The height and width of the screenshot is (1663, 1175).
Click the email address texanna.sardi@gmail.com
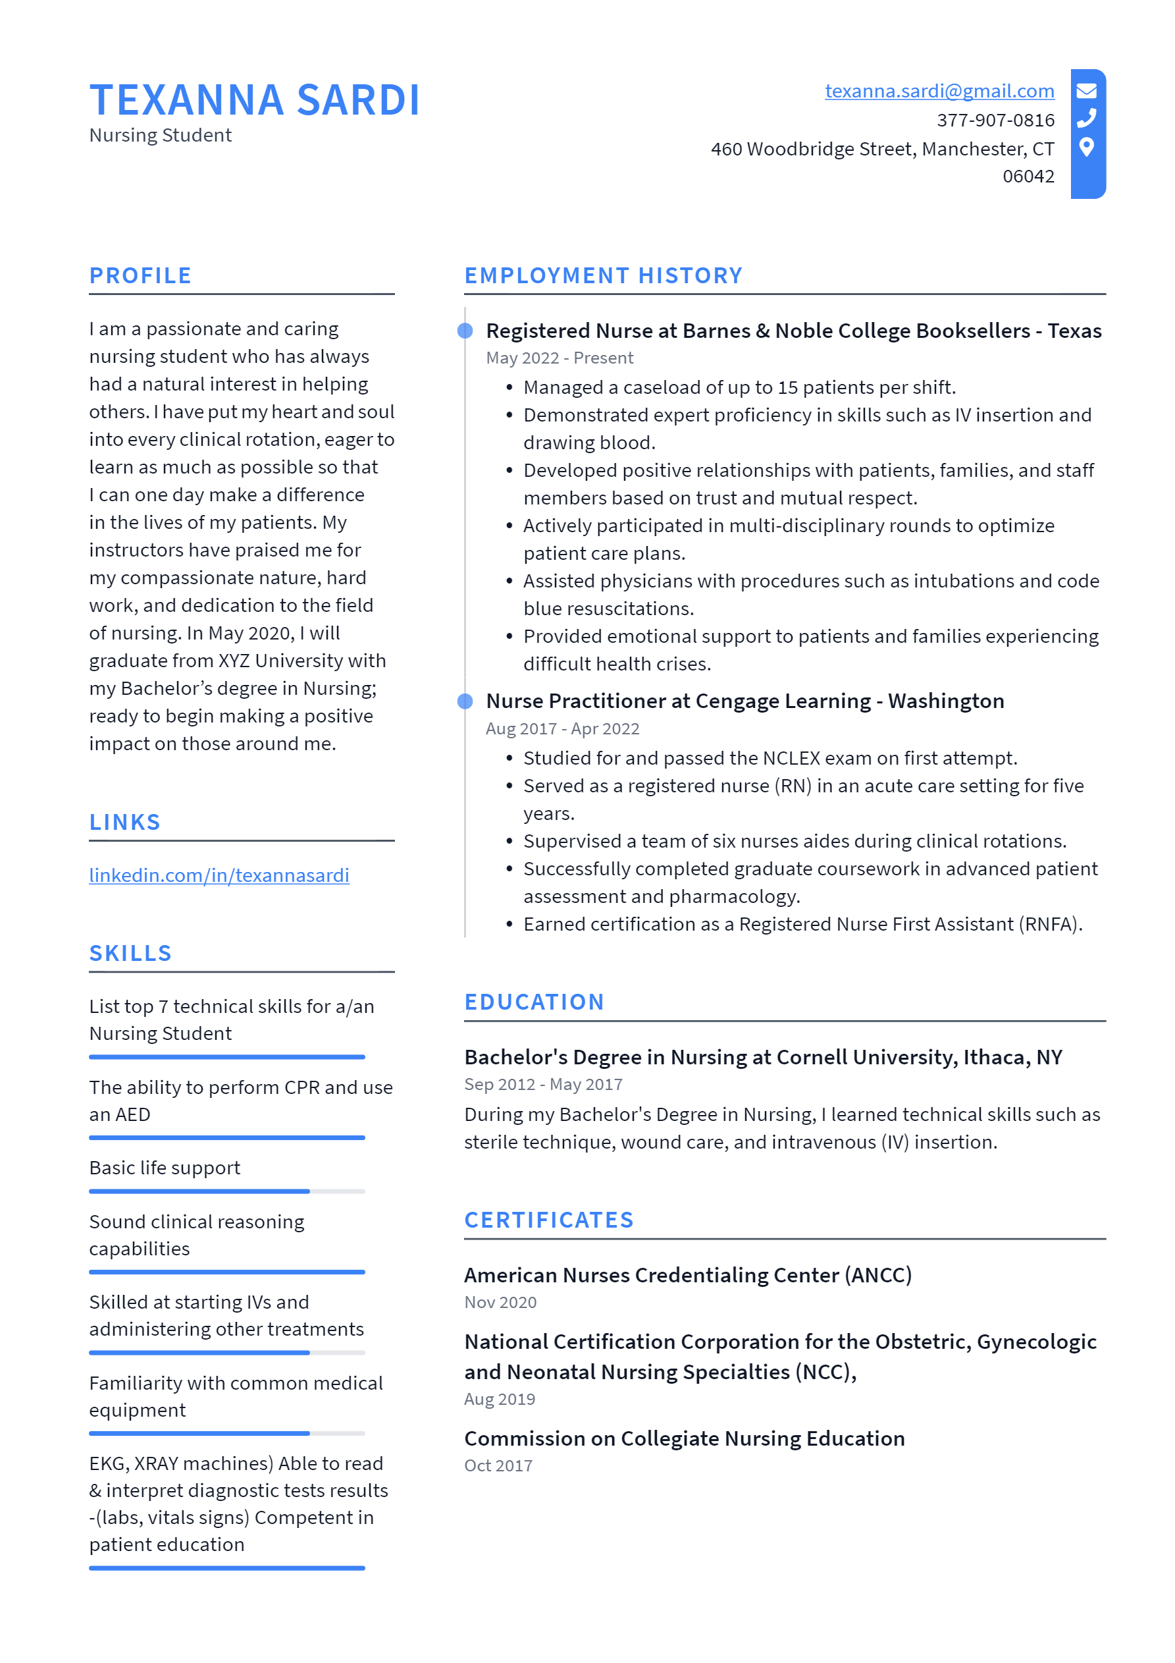click(x=939, y=92)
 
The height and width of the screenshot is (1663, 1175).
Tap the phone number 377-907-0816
click(x=995, y=121)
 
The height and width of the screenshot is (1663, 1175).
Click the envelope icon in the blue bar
click(x=1086, y=90)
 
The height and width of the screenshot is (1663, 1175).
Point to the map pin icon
click(x=1086, y=147)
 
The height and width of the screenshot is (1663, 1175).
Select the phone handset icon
click(x=1086, y=118)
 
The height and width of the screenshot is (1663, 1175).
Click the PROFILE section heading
click(x=140, y=275)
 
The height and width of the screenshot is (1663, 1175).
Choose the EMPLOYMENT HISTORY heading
click(x=603, y=275)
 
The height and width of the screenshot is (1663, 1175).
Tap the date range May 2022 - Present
click(x=559, y=358)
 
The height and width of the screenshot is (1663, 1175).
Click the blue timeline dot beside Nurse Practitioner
click(x=465, y=701)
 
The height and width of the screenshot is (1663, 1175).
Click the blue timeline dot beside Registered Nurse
click(x=465, y=331)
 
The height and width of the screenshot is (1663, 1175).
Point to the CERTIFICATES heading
click(x=549, y=1220)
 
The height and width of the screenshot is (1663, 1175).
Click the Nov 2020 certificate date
click(x=500, y=1302)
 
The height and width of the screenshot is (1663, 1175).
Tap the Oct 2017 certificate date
click(x=498, y=1465)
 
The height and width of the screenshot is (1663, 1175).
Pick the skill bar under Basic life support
click(x=226, y=1191)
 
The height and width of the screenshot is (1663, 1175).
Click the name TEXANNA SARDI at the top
click(x=254, y=100)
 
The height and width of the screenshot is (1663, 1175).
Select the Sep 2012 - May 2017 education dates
click(x=543, y=1084)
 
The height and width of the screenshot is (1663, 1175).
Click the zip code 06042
click(x=1028, y=176)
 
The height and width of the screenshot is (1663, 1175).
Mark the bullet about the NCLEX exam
click(x=770, y=758)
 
